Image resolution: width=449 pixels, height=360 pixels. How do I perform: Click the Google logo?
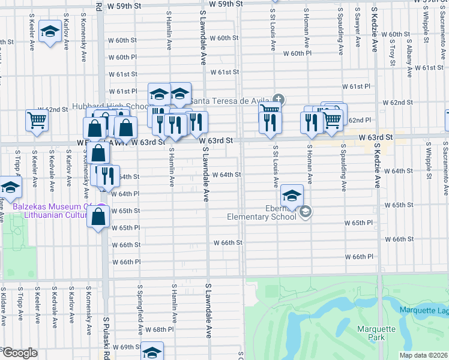pyautogui.click(x=19, y=353)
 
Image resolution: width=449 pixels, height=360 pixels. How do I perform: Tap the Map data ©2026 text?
pyautogui.click(x=425, y=355)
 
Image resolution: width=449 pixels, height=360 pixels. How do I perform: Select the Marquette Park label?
pyautogui.click(x=376, y=333)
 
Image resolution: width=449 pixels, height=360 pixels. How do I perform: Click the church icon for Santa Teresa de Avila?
pyautogui.click(x=278, y=99)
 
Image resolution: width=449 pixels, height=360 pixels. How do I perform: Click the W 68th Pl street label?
pyautogui.click(x=160, y=330)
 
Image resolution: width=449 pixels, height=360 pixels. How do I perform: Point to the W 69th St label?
pyautogui.click(x=124, y=347)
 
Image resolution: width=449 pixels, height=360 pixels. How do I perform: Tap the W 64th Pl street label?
pyautogui.click(x=125, y=194)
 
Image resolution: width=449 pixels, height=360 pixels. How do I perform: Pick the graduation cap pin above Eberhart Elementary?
pyautogui.click(x=292, y=196)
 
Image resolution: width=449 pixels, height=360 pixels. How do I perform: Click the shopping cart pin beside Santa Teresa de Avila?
pyautogui.click(x=270, y=108)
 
